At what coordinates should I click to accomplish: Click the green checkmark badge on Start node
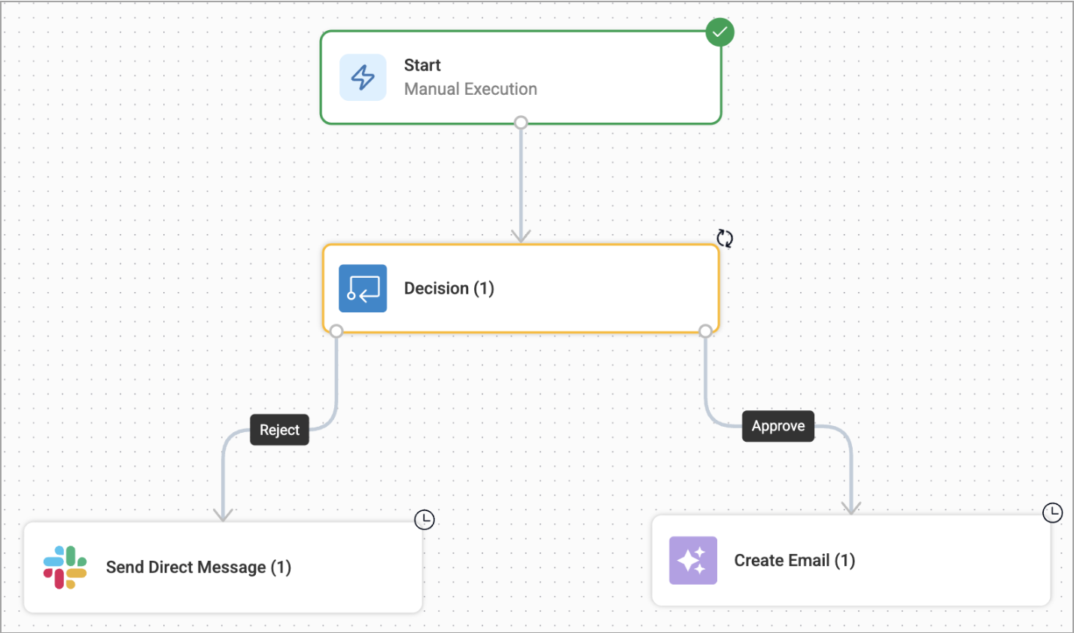click(720, 32)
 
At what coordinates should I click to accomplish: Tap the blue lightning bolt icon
click(363, 78)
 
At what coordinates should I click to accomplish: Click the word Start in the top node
click(422, 65)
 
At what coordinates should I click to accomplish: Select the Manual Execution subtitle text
click(470, 89)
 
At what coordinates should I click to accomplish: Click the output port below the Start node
click(521, 123)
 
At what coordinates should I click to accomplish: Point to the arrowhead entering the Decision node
click(521, 236)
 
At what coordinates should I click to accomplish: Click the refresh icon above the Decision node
click(725, 239)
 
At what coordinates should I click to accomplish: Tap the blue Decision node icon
click(363, 288)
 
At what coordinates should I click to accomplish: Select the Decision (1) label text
click(449, 288)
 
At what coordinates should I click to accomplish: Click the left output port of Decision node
click(336, 331)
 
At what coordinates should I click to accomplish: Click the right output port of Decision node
click(705, 331)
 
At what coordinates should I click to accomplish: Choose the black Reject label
click(279, 430)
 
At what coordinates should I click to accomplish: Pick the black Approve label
click(778, 426)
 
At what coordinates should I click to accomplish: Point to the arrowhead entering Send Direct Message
click(223, 514)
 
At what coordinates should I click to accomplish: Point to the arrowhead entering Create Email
click(851, 508)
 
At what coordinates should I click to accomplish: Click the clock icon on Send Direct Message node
click(424, 519)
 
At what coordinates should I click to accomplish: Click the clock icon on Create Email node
click(1052, 513)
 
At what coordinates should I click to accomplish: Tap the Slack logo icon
click(65, 568)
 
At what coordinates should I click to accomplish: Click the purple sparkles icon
click(692, 561)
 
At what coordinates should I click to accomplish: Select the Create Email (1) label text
click(794, 561)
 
